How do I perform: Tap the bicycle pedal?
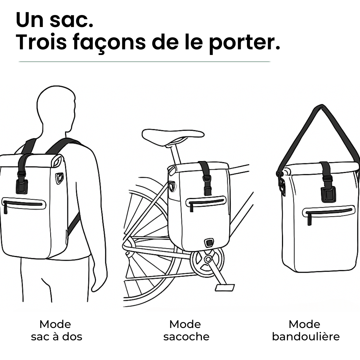(x=224, y=287)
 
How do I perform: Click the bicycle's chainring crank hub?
(x=208, y=259)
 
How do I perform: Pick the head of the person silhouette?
(x=55, y=107)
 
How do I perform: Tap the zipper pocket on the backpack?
(x=23, y=203)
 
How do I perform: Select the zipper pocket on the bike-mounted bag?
(x=206, y=202)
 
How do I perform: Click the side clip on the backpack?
(x=60, y=178)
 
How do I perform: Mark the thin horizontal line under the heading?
(x=144, y=62)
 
